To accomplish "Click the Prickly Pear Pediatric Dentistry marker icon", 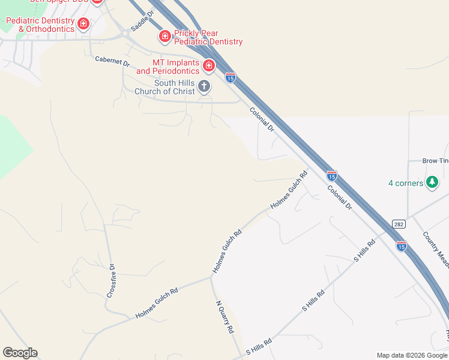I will [164, 37].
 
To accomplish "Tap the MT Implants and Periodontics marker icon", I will [209, 65].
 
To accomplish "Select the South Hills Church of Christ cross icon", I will [204, 86].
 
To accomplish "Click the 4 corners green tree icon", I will [432, 182].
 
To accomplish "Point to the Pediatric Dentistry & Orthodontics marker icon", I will [83, 24].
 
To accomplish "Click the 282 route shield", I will [399, 224].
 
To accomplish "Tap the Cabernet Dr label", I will [112, 61].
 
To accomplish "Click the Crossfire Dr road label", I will [111, 280].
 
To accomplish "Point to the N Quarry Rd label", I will [224, 316].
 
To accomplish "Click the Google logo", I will [20, 353].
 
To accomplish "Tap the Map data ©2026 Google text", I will [411, 355].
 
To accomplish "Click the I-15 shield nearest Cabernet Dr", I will [230, 77].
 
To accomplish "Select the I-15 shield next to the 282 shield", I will [401, 245].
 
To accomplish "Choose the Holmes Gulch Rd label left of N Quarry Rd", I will [157, 303].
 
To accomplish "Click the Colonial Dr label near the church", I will [262, 119].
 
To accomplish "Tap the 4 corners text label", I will [406, 183].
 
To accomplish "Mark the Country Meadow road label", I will [435, 250].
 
